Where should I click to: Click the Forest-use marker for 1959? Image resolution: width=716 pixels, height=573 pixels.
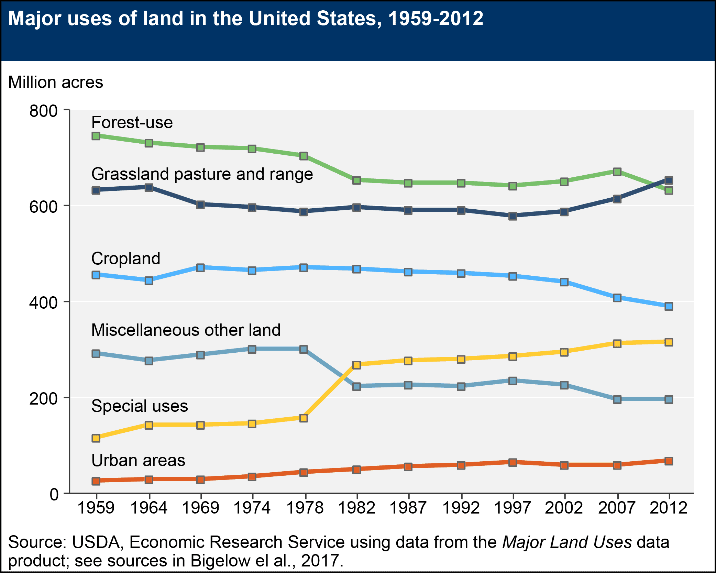pos(96,136)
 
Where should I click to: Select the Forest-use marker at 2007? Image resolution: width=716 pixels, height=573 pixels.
pos(617,172)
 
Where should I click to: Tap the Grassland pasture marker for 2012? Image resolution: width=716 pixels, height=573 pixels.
pos(669,180)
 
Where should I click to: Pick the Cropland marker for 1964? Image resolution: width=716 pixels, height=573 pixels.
pos(149,280)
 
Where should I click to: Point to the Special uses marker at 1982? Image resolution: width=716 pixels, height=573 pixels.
pos(356,365)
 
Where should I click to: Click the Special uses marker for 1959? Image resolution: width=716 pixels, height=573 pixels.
pos(96,438)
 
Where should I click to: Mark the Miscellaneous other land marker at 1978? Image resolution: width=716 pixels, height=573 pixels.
pos(304,349)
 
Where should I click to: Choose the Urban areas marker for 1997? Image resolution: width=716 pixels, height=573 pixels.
pos(513,462)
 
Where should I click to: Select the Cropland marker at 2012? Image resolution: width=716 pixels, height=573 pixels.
pos(669,306)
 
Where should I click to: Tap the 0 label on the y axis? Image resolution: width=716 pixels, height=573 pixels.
pos(54,495)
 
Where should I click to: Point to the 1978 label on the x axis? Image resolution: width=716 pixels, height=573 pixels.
pos(305,508)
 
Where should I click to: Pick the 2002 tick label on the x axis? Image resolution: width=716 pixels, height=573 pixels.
pos(564,508)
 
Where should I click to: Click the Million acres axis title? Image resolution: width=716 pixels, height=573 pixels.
pos(55,82)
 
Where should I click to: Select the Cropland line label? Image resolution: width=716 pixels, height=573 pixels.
pos(126,258)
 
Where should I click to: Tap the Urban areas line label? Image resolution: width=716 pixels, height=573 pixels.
pos(138,460)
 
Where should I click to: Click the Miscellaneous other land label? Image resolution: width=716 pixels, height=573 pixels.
pos(186,330)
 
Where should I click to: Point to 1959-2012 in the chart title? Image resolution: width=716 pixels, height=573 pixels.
pos(436,18)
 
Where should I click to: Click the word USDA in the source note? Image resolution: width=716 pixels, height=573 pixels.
pos(95,542)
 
